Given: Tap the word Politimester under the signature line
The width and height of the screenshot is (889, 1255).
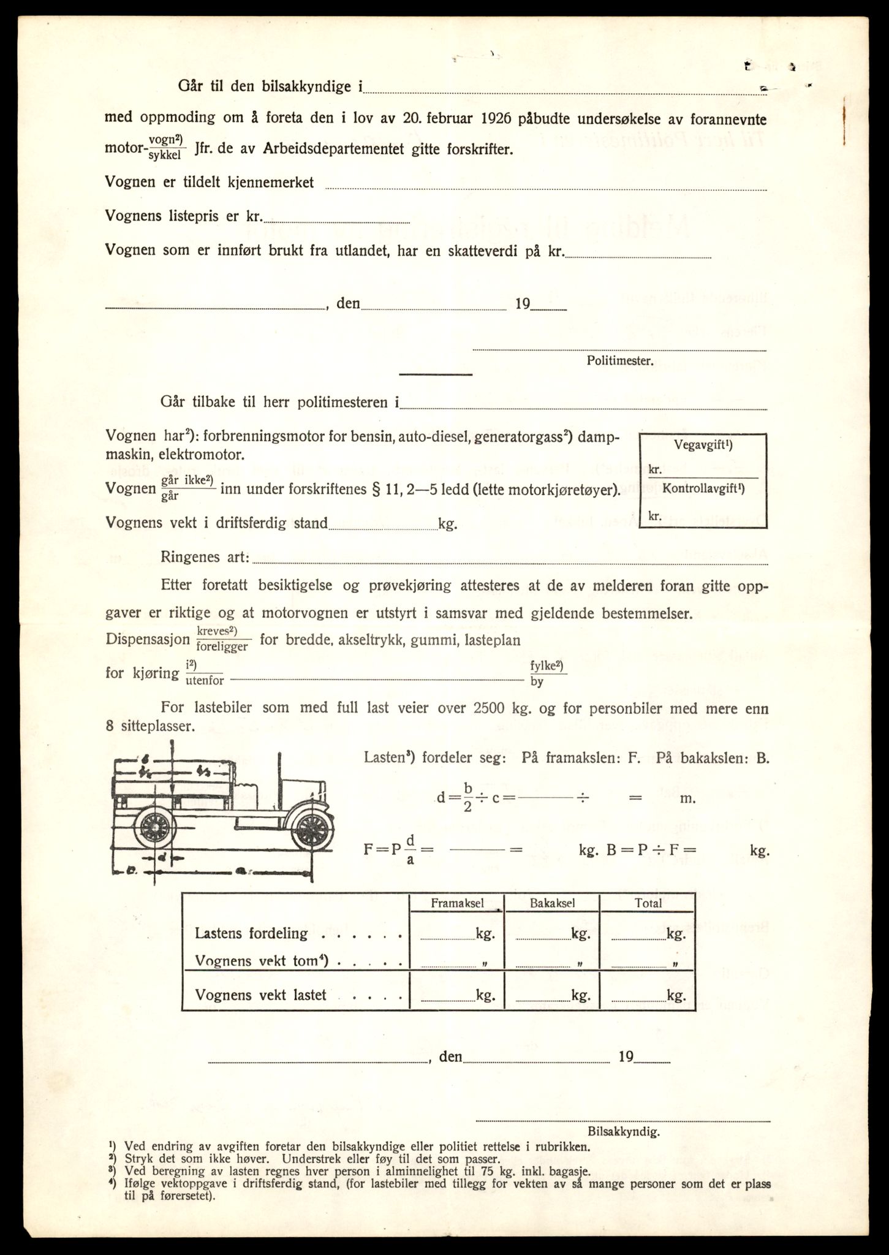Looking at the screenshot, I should point(619,361).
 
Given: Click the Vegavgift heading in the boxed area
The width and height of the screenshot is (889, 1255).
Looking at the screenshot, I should point(703,446).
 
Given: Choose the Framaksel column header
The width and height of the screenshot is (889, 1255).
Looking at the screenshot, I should point(457,903).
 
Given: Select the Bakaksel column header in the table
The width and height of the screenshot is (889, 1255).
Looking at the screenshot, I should point(553,903).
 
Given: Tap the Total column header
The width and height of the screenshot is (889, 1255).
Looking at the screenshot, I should point(648,903).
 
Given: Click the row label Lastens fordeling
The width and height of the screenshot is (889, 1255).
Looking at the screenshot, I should point(251,933).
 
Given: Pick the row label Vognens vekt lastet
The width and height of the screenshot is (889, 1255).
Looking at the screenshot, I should point(260,995).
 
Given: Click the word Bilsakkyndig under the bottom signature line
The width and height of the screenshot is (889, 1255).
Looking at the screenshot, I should point(623,1132).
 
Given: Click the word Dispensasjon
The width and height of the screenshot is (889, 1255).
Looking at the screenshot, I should point(148,639).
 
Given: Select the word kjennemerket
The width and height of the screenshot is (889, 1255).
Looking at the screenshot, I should point(270,182).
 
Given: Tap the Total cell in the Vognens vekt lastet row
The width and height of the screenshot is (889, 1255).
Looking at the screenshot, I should point(648,996).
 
